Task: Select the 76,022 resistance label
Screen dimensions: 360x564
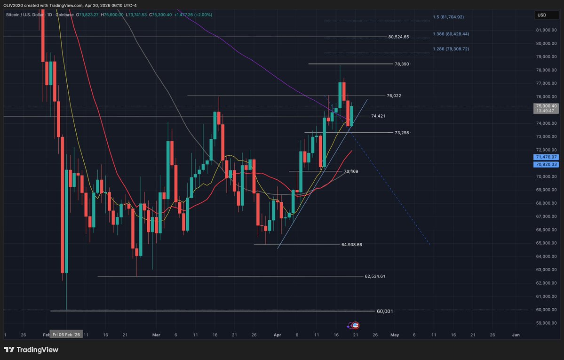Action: pos(394,96)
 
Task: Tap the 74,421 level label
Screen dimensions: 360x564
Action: pos(378,116)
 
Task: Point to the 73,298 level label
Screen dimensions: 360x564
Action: pos(402,133)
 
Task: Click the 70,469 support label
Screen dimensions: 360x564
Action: pos(351,171)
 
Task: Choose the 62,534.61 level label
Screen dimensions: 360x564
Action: pos(375,276)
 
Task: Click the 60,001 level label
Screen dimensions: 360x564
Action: pos(385,311)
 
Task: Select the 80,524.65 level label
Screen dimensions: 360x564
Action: pos(398,37)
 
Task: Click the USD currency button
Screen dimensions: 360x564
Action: pos(542,15)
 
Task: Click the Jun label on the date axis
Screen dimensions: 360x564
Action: pos(516,335)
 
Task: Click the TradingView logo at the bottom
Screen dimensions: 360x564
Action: pos(31,350)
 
